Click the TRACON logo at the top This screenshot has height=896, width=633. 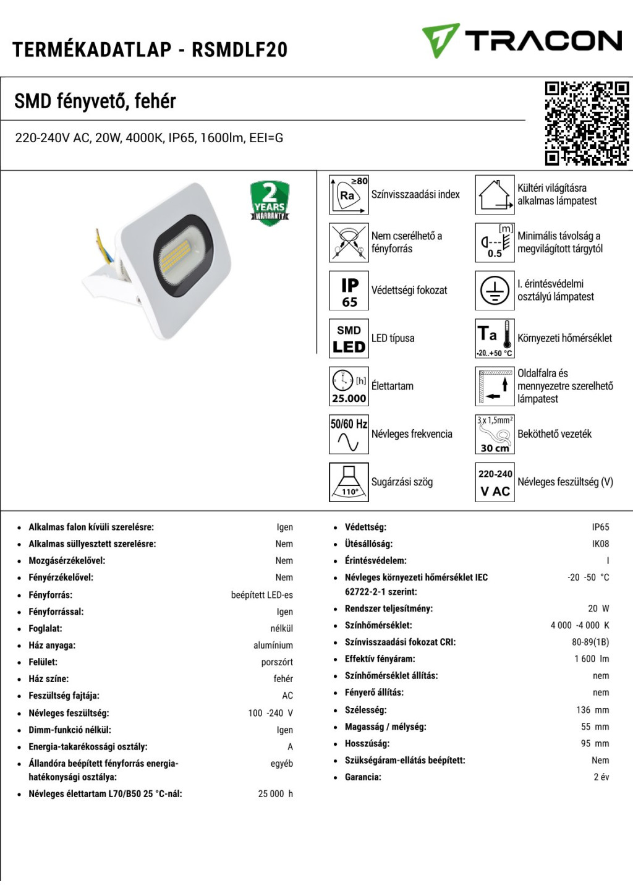[522, 41]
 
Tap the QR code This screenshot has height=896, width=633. [587, 124]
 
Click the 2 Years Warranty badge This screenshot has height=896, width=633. [270, 203]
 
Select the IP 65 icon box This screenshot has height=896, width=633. [349, 291]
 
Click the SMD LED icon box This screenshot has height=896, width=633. [349, 338]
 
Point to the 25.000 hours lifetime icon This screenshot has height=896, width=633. [349, 386]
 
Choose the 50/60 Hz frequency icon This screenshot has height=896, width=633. [349, 434]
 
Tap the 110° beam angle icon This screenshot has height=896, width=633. [349, 482]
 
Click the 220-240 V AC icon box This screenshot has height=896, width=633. [495, 482]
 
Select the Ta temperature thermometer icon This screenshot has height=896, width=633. [495, 338]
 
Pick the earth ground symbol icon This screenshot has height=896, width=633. [495, 291]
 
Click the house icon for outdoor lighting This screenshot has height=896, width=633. [495, 195]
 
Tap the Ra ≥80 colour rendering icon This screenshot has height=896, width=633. [349, 195]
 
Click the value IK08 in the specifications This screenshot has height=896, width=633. [600, 544]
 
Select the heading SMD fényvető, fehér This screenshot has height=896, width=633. [95, 101]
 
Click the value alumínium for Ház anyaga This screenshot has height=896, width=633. [273, 646]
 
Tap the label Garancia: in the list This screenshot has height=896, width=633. [363, 777]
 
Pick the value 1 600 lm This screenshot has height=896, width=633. [592, 659]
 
